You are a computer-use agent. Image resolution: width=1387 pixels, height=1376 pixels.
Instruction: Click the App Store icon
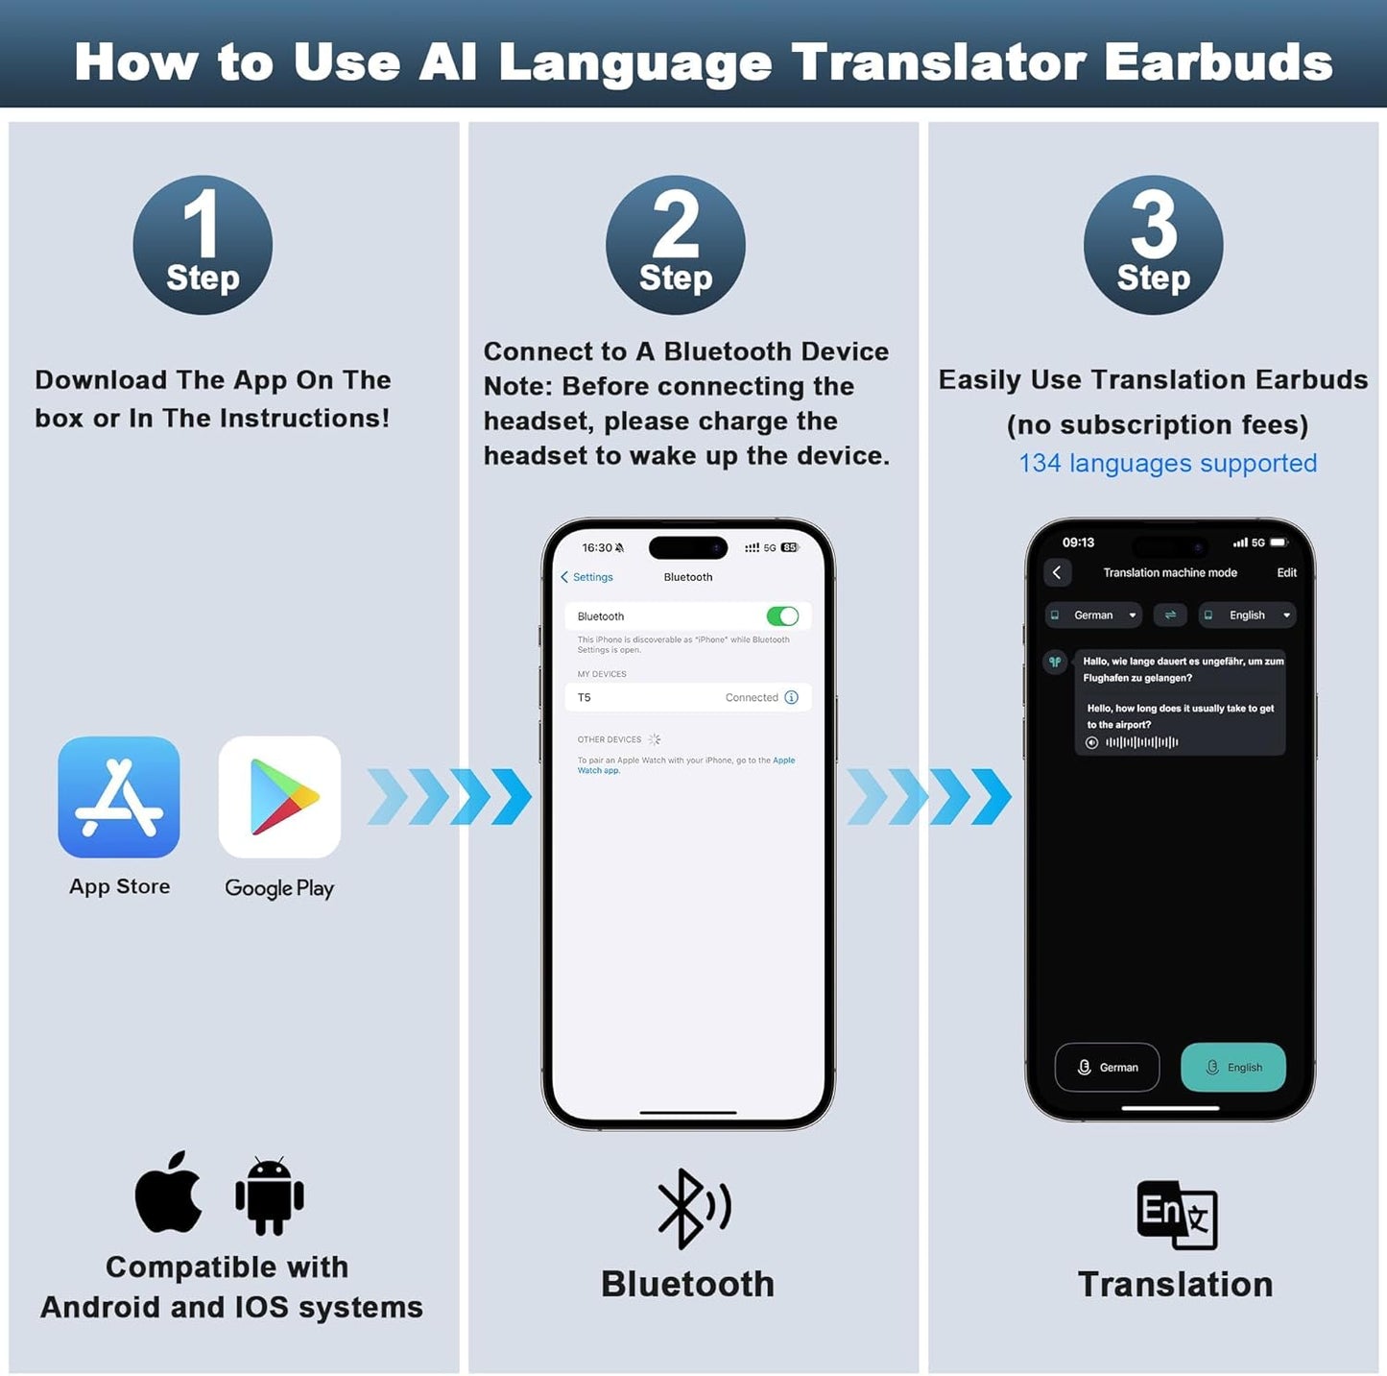point(119,797)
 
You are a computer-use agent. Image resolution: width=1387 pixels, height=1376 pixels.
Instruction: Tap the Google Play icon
point(279,797)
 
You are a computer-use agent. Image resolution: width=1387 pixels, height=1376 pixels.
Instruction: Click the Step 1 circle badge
point(203,245)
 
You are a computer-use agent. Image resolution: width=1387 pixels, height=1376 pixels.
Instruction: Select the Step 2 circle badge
point(676,245)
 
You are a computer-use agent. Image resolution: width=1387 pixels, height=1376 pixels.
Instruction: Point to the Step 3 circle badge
point(1153,245)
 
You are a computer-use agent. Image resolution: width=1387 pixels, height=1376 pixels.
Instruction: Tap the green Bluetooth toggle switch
point(782,616)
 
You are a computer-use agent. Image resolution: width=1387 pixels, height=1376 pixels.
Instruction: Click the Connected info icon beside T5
point(792,698)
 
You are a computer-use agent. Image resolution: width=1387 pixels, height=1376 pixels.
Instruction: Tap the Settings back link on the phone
point(586,577)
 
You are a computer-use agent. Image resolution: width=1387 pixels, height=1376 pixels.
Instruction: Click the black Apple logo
point(169,1194)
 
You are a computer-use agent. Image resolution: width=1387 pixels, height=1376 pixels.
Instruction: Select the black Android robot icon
point(270,1196)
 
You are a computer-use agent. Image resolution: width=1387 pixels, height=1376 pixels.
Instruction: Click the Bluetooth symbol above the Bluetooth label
point(692,1208)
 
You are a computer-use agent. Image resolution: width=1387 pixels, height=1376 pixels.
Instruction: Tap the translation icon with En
point(1177,1215)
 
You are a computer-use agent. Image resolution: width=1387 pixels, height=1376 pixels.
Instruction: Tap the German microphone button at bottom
point(1107,1067)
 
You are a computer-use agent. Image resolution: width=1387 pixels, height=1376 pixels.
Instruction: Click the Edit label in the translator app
point(1286,572)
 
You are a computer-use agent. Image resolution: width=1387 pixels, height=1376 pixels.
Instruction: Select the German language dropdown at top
point(1093,616)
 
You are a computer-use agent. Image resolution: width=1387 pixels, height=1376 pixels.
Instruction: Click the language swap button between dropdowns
point(1170,616)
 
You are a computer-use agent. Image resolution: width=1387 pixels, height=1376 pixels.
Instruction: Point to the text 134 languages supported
point(1167,463)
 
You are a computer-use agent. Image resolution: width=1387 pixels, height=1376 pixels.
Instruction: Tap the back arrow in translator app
point(1057,572)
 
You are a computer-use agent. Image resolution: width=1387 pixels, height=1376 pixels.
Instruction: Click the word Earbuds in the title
point(1218,62)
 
